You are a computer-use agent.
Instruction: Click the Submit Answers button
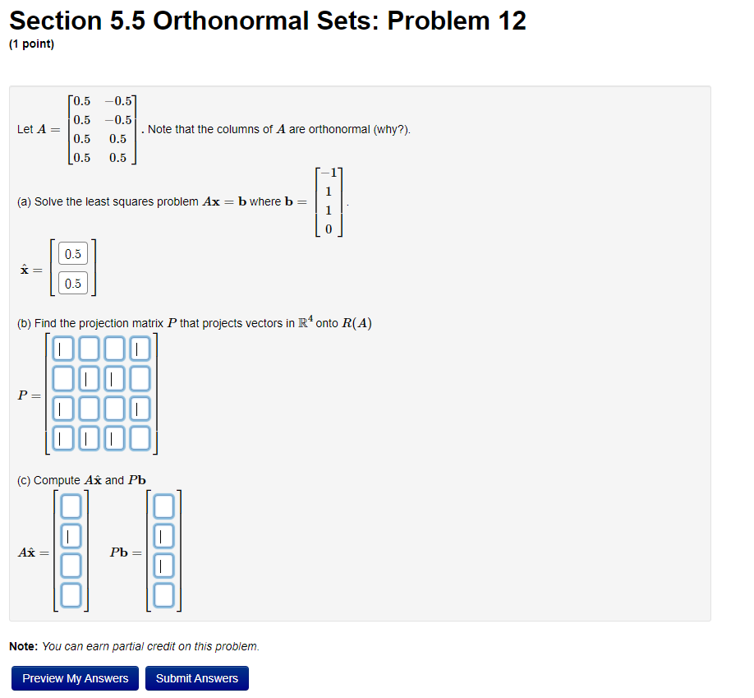point(196,678)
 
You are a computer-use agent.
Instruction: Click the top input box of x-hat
point(73,254)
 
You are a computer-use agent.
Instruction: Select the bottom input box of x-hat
point(73,284)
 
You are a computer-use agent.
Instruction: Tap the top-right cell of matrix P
point(140,349)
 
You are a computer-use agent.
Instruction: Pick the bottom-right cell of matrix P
point(140,437)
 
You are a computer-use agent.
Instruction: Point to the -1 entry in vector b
point(329,173)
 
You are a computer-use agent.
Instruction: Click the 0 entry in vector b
point(329,230)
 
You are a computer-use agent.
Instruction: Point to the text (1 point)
point(31,44)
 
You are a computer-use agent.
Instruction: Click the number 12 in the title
point(508,20)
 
